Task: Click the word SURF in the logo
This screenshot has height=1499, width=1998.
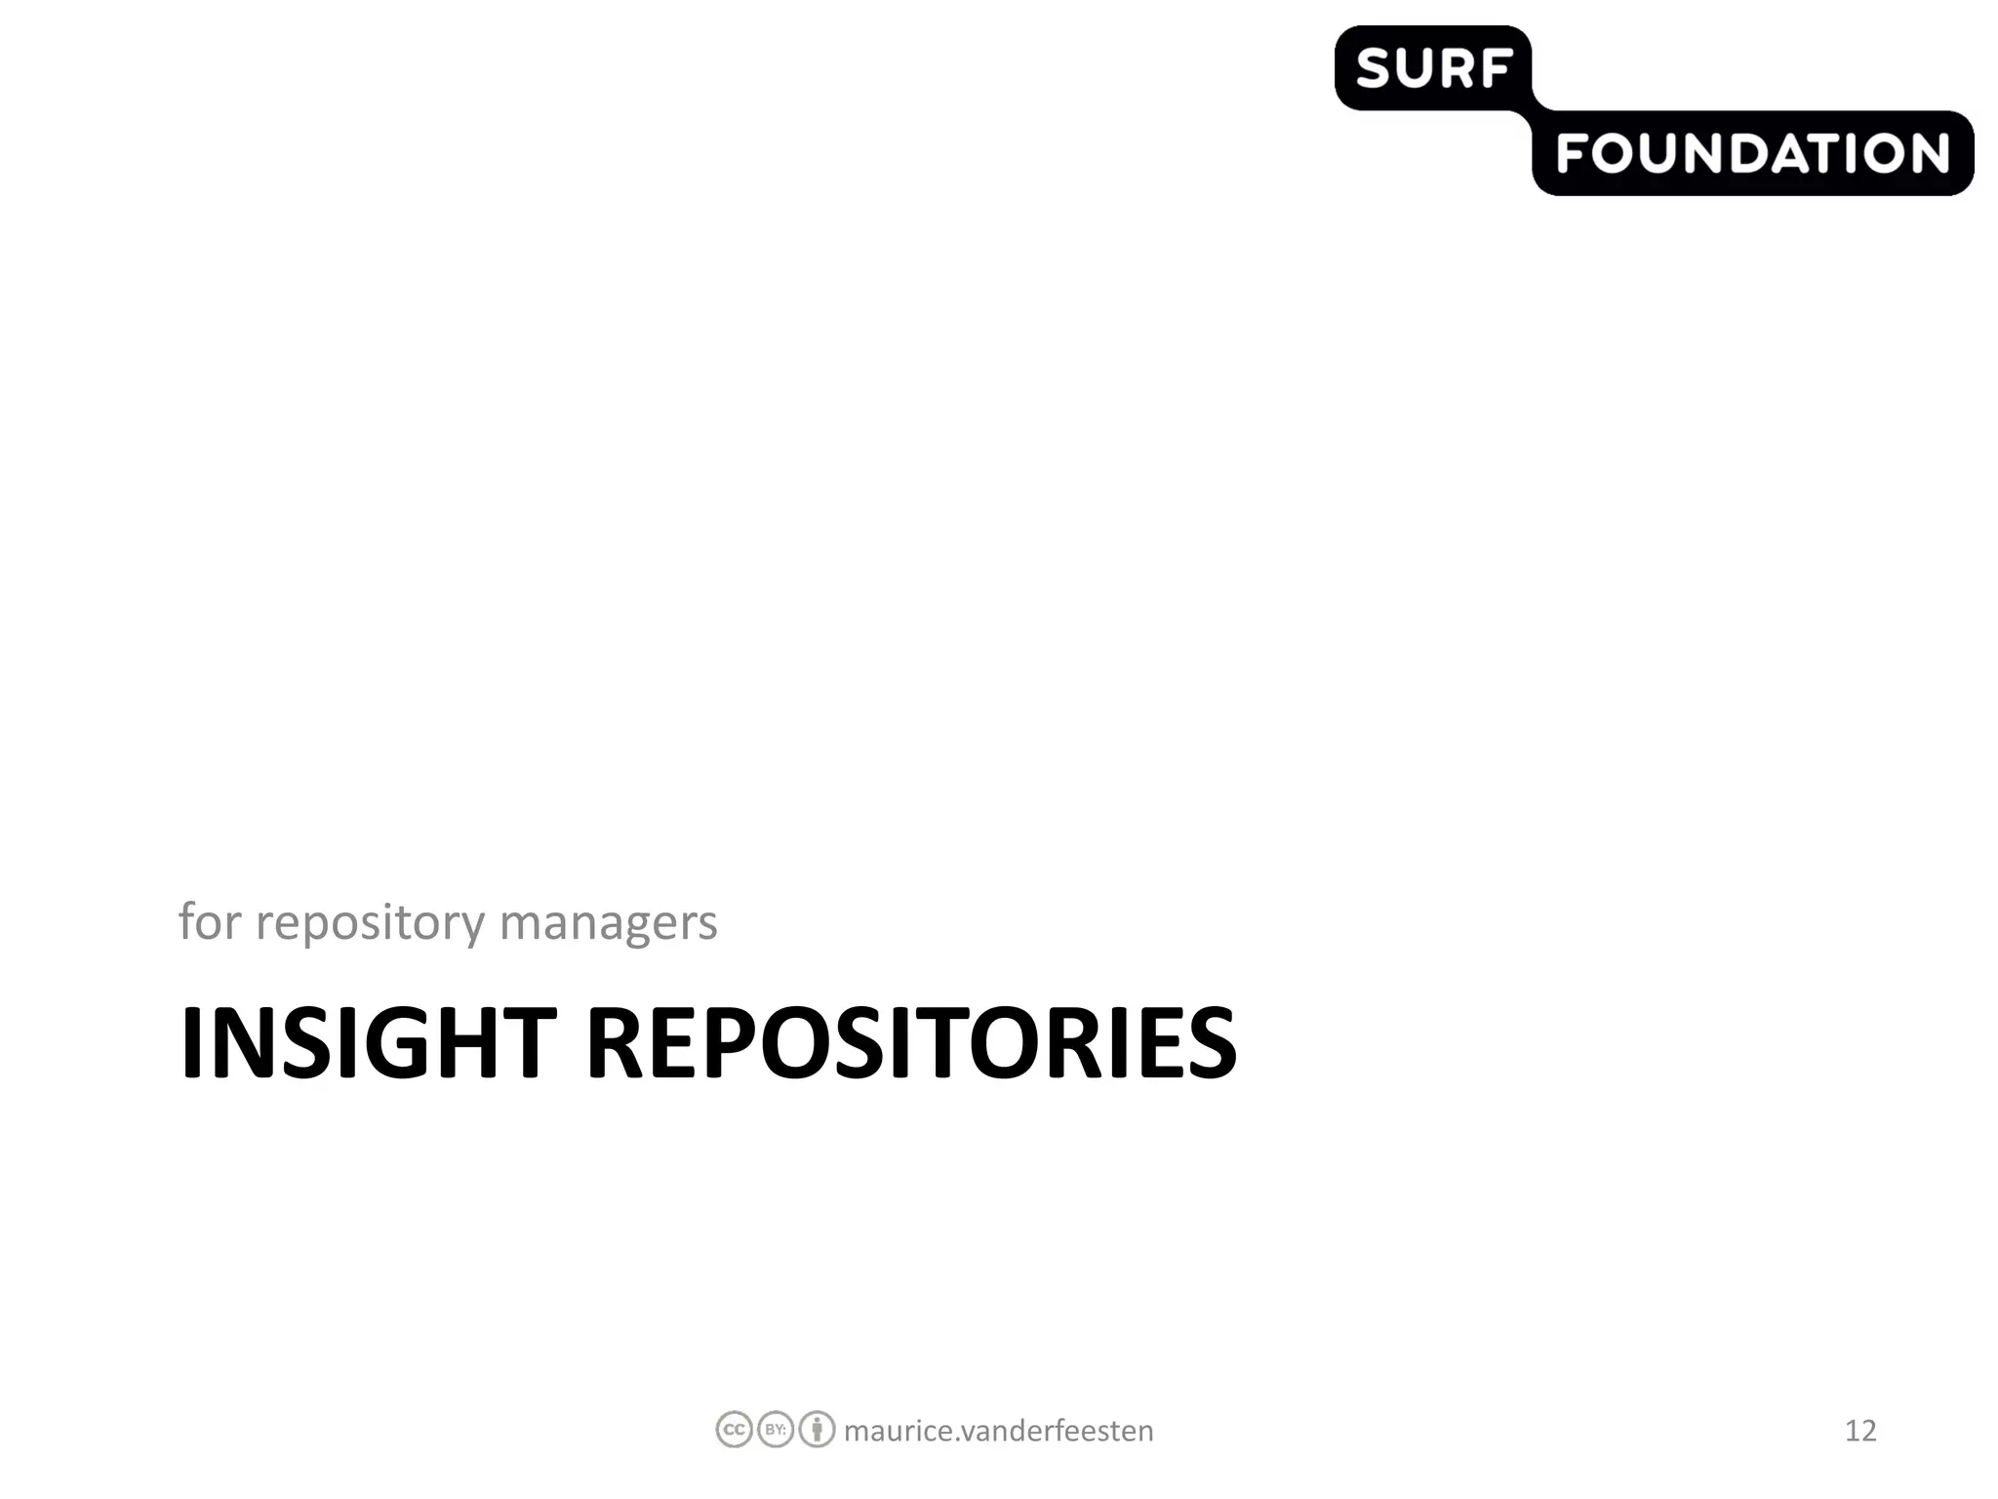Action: click(x=1433, y=69)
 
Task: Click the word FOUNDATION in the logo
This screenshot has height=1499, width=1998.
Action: click(x=1752, y=154)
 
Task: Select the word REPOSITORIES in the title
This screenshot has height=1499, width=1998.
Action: click(x=910, y=1043)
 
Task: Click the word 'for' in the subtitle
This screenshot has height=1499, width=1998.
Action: click(x=209, y=921)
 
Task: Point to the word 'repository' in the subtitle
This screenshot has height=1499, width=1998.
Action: click(x=370, y=923)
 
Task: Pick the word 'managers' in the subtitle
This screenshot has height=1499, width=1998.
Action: click(x=608, y=923)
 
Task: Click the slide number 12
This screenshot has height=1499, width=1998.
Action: click(x=1860, y=1431)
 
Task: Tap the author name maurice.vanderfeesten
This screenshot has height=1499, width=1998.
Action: click(x=998, y=1431)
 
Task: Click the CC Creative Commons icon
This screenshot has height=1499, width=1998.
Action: click(x=734, y=1430)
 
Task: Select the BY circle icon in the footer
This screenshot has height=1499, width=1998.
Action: click(x=776, y=1430)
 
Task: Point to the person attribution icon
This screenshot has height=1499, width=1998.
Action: click(x=817, y=1430)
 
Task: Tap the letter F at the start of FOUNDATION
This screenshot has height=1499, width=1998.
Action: click(x=1572, y=154)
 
